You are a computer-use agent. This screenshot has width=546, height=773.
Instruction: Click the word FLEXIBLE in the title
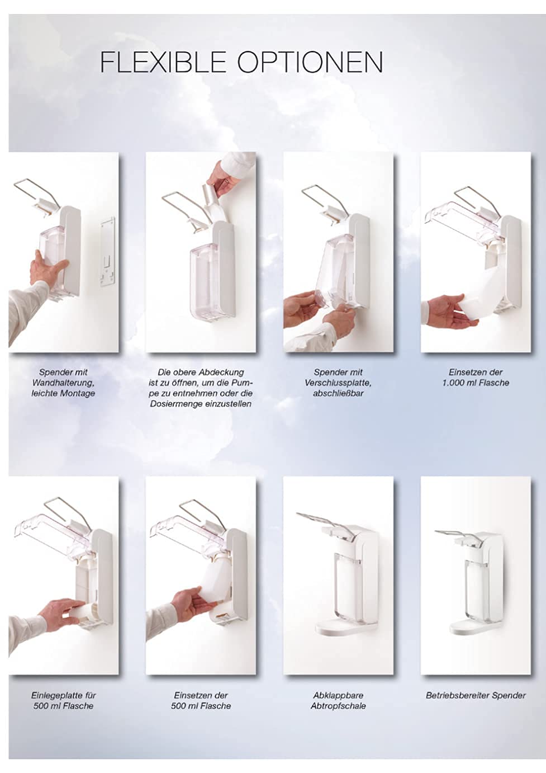click(x=163, y=62)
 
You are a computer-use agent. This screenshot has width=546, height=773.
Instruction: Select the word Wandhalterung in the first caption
click(x=63, y=383)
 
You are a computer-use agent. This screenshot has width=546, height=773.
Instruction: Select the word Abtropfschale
click(x=338, y=706)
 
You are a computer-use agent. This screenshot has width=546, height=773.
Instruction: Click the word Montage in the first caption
click(x=77, y=393)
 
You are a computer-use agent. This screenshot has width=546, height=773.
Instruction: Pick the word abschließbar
click(x=338, y=393)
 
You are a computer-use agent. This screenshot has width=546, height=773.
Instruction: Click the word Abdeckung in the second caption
click(x=221, y=373)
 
